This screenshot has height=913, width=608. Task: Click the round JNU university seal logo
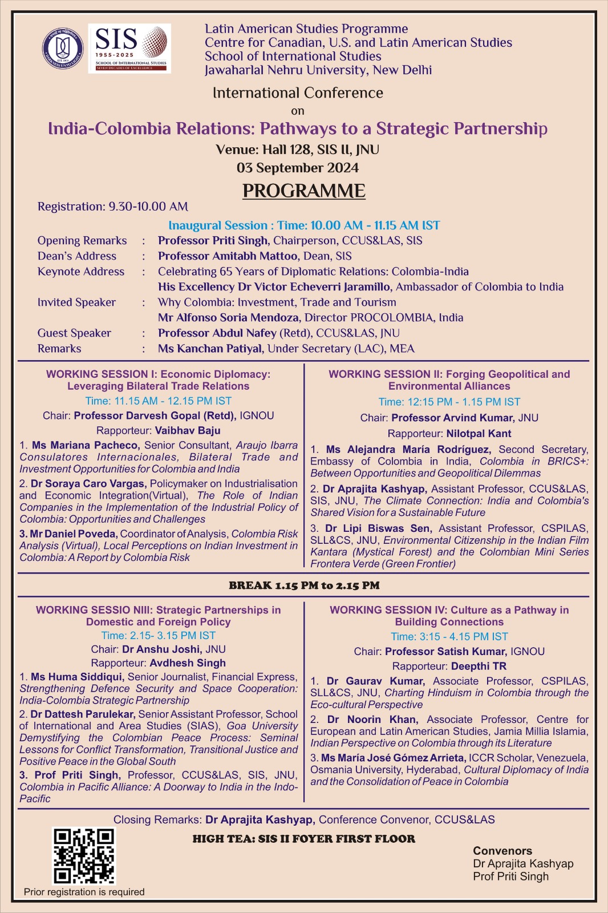point(63,48)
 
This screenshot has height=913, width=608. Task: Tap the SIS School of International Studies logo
point(129,48)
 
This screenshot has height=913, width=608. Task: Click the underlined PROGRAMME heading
point(303,191)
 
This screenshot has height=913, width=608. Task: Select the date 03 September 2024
point(298,168)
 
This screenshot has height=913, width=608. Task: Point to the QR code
point(84,856)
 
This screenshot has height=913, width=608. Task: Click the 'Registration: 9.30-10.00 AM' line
point(113,207)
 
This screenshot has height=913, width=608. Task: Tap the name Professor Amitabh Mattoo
point(228,256)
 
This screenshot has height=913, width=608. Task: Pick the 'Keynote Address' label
point(81,272)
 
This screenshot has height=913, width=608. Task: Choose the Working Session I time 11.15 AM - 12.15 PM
point(158,401)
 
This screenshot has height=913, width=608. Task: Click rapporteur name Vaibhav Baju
point(187,430)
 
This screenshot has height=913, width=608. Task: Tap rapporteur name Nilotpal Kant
point(479,434)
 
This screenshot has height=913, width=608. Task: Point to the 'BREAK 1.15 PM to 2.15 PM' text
point(304,585)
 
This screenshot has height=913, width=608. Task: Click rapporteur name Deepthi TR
point(479,666)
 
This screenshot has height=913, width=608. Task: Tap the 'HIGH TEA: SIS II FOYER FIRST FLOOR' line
point(303,839)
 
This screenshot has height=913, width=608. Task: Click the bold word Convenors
point(502,851)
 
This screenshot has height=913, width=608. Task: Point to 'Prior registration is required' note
point(84,892)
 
